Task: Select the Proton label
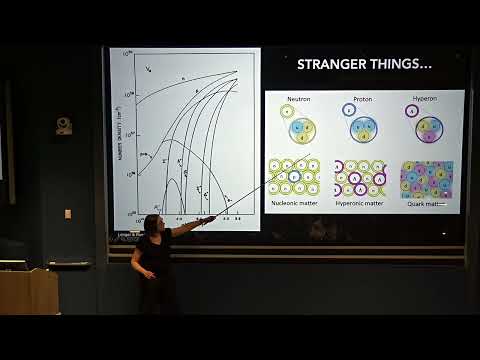pyautogui.click(x=362, y=100)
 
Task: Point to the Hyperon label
pyautogui.click(x=428, y=100)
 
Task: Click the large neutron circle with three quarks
pyautogui.click(x=302, y=130)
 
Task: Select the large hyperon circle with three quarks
pyautogui.click(x=430, y=130)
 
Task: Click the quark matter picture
pyautogui.click(x=427, y=179)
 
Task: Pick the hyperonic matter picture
pyautogui.click(x=360, y=177)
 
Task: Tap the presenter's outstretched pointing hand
pyautogui.click(x=207, y=219)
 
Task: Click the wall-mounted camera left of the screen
pyautogui.click(x=64, y=126)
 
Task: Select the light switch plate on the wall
pyautogui.click(x=68, y=213)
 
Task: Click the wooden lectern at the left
pyautogui.click(x=28, y=291)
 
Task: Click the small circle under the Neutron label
pyautogui.click(x=286, y=111)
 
